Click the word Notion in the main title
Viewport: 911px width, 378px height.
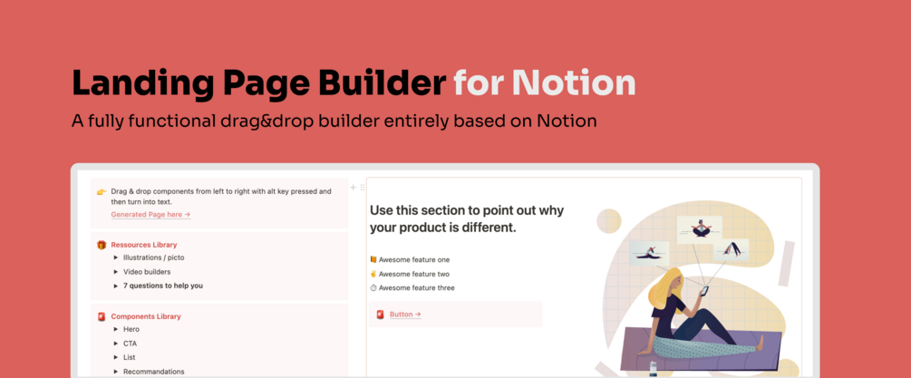[x=576, y=83]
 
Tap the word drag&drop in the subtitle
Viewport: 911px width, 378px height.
[x=273, y=121]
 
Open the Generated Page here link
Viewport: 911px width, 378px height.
[x=151, y=215]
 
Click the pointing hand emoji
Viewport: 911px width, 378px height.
[x=102, y=191]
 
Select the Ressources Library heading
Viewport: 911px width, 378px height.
[x=144, y=245]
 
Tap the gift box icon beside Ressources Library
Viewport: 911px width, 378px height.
[x=102, y=245]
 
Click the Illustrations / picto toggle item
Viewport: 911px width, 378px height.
[x=153, y=257]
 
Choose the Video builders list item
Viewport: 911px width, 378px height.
[x=147, y=272]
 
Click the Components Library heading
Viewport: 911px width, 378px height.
[x=146, y=316]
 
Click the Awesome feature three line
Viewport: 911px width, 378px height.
[x=412, y=288]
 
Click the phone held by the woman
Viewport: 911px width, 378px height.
[x=704, y=290]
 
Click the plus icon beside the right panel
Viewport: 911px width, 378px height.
[x=353, y=188]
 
